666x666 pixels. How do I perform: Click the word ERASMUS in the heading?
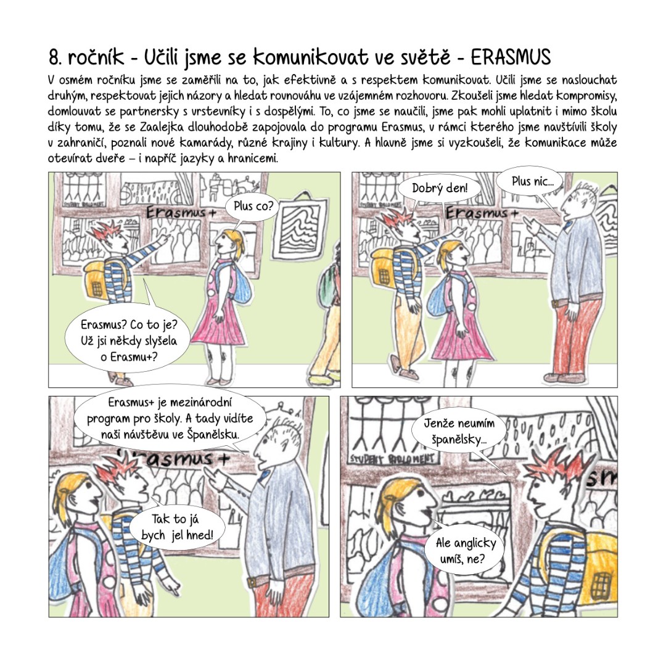[x=511, y=57]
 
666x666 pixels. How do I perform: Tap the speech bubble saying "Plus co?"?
[x=253, y=207]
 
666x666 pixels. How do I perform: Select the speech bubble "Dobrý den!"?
[x=439, y=187]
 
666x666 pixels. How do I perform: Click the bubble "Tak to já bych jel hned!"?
[x=177, y=527]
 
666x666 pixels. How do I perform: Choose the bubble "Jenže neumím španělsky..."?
[x=459, y=431]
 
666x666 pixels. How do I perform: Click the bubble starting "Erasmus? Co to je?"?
[x=128, y=340]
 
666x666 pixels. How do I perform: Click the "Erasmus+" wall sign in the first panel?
[x=181, y=212]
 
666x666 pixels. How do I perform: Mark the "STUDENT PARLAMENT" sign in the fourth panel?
[x=392, y=459]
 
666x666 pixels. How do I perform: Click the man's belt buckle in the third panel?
[x=253, y=581]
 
